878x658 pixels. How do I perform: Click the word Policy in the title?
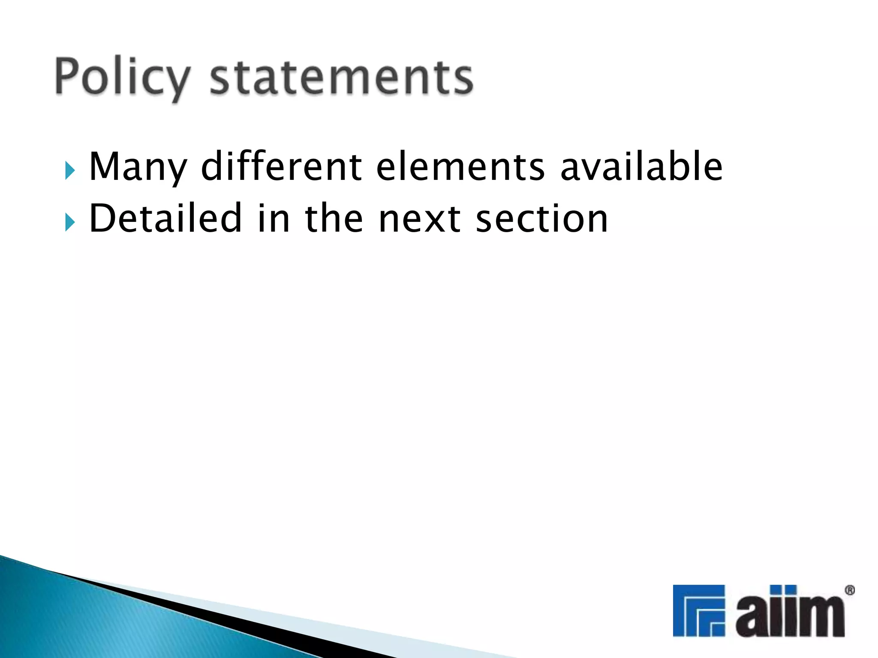[122, 77]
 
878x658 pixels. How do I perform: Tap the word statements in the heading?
[341, 77]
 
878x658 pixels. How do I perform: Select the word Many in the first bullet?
[138, 167]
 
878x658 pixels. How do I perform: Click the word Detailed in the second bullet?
[165, 218]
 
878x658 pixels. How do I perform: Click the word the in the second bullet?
[334, 218]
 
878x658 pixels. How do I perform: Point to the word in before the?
[274, 218]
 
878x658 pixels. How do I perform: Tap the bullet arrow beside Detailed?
[70, 222]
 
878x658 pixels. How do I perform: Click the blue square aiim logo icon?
[699, 610]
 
